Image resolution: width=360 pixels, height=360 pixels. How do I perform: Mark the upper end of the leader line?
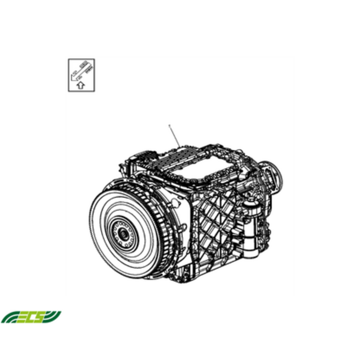pyautogui.click(x=168, y=125)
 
